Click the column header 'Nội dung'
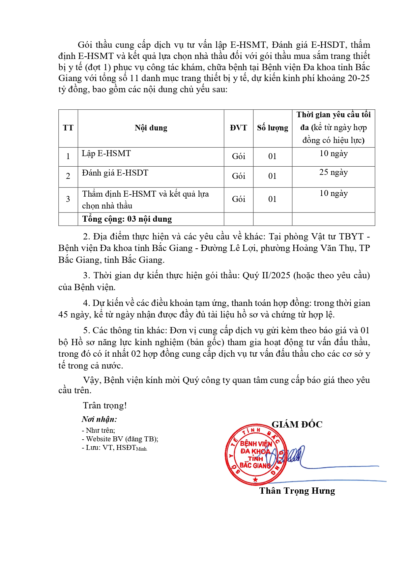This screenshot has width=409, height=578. coord(151,128)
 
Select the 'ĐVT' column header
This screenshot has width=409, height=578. coord(238,128)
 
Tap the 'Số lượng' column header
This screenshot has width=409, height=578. coord(273,128)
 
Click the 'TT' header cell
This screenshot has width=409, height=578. coord(68,128)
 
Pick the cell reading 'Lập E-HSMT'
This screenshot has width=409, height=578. coord(106,153)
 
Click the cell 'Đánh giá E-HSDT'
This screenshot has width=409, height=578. coord(115,173)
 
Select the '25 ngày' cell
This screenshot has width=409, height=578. coord(333,172)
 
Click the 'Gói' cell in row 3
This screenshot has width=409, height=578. coord(238,199)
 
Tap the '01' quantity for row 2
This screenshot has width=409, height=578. coord(273,176)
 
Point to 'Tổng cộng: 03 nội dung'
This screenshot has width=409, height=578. coord(127,219)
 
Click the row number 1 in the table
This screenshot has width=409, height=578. coord(68,156)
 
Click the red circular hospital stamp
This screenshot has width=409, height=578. coord(255,454)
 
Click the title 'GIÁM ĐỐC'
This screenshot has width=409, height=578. coord(297,425)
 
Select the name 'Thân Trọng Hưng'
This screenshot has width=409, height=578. coord(297,491)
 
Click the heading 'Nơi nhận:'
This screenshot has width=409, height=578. coord(99,419)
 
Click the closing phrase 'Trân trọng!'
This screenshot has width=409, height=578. coord(105,405)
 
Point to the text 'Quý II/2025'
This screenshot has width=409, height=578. coord(266,275)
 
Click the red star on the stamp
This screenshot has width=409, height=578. coord(255,480)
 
